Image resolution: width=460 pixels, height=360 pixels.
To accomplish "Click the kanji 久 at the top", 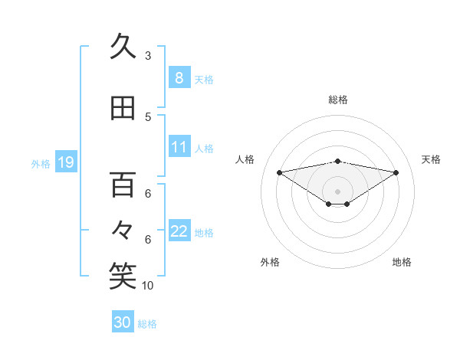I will point(123,47).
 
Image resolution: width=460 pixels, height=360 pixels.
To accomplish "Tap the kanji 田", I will point(123,109).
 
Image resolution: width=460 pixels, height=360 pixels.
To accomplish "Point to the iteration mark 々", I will point(123,229).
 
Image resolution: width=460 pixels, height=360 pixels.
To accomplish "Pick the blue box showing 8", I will point(179,78).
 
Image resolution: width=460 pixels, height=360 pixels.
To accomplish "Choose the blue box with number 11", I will point(179,147).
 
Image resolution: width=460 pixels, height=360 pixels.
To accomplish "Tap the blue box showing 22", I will point(179,231).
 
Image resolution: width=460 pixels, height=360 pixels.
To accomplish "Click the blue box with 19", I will point(66,162).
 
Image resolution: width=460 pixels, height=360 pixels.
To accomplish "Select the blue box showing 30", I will point(123,322).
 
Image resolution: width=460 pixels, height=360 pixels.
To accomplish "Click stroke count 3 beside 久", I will point(148,55).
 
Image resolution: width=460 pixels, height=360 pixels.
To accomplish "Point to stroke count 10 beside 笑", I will point(148,286).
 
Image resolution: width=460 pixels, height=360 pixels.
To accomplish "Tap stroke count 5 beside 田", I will point(148,117).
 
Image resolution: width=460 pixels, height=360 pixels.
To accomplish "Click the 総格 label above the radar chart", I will point(337,100).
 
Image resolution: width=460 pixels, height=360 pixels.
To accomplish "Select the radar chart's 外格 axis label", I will point(270,262).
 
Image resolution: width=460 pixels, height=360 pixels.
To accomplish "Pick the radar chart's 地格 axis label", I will point(402,262).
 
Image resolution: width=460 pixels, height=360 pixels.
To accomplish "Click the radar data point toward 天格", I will point(396,172).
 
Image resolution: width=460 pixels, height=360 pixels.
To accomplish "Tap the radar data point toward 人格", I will point(279,172).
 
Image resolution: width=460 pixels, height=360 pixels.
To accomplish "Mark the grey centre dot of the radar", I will point(337,191).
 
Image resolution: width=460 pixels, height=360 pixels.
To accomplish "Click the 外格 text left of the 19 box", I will point(41,163).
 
